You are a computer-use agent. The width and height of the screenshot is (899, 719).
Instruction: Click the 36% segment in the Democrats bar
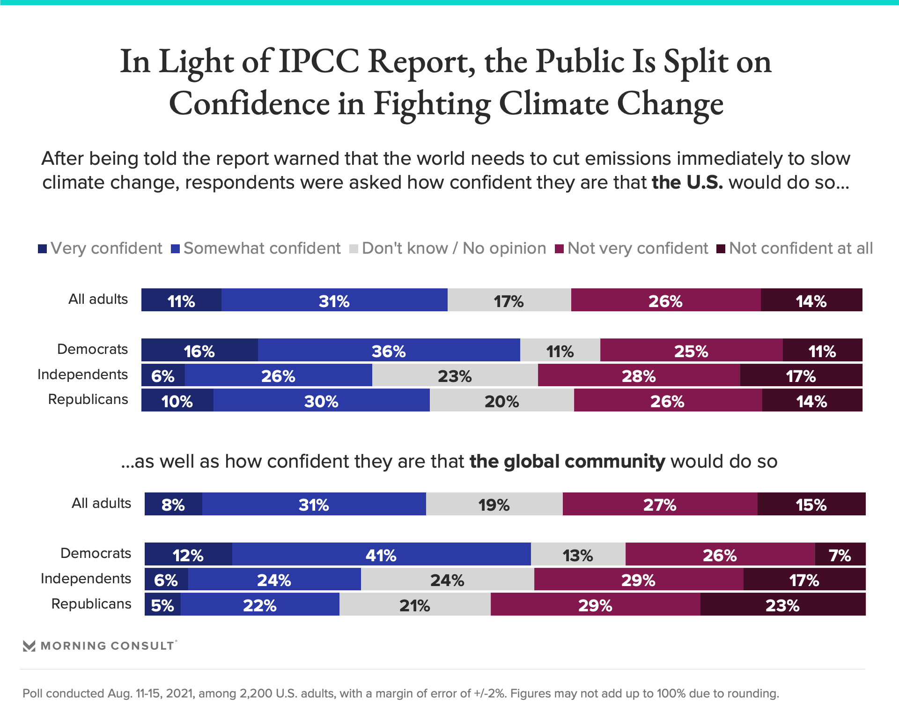(x=389, y=350)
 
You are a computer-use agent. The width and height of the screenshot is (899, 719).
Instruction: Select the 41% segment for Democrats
(x=381, y=554)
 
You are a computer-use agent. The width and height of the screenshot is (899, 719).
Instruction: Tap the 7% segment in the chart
(x=840, y=554)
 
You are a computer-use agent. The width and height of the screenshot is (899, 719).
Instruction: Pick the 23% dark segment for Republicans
(x=782, y=604)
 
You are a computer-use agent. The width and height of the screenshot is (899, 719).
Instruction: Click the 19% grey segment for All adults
(x=494, y=504)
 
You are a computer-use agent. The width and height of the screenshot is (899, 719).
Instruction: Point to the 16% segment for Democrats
(x=199, y=350)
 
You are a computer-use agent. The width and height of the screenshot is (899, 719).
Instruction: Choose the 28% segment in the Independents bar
(x=639, y=375)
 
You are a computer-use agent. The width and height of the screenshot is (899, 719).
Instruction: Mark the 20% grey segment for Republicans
(x=501, y=401)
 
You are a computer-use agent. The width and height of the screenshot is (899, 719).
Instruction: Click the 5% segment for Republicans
(x=162, y=604)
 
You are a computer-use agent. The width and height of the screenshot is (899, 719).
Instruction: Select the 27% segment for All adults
(x=660, y=504)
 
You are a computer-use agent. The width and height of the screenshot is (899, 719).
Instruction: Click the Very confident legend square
(x=43, y=249)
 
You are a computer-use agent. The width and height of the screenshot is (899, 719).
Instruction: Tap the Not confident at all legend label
(x=801, y=248)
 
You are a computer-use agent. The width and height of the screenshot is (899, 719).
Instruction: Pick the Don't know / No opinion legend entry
(x=454, y=248)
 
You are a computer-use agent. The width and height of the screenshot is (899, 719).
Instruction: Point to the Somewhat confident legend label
(x=262, y=248)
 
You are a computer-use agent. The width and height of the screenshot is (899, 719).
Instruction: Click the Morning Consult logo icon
(x=29, y=646)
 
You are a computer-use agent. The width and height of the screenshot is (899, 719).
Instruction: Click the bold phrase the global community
(x=567, y=462)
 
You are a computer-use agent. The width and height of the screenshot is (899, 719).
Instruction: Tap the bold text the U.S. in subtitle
(x=687, y=183)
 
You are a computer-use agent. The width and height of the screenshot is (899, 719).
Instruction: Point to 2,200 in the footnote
(x=255, y=693)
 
